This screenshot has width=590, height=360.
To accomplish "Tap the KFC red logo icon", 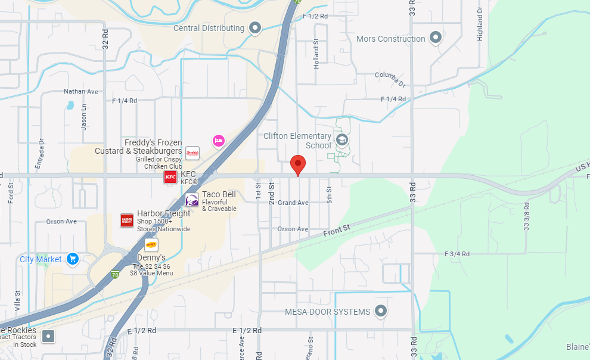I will pos(170,176).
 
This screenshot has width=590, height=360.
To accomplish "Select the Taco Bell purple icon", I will pos(192,200).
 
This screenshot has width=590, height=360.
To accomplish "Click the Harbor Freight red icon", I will pos(127,221).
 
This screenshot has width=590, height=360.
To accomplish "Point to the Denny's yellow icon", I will pos(151,244).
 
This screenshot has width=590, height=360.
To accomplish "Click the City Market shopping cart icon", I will pos(73,259).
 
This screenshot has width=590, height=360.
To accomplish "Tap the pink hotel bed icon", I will pos(219,141).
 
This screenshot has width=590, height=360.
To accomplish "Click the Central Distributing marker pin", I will pos(255,27).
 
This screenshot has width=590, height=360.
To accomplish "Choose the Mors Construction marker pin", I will pos(436,38).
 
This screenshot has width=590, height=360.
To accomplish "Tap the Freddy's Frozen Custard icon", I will pos(192,153).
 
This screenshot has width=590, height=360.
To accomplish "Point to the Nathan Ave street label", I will pos(81,92).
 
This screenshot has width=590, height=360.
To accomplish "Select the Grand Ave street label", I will pos(293,203).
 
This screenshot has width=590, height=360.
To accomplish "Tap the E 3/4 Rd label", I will pos(458,254).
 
